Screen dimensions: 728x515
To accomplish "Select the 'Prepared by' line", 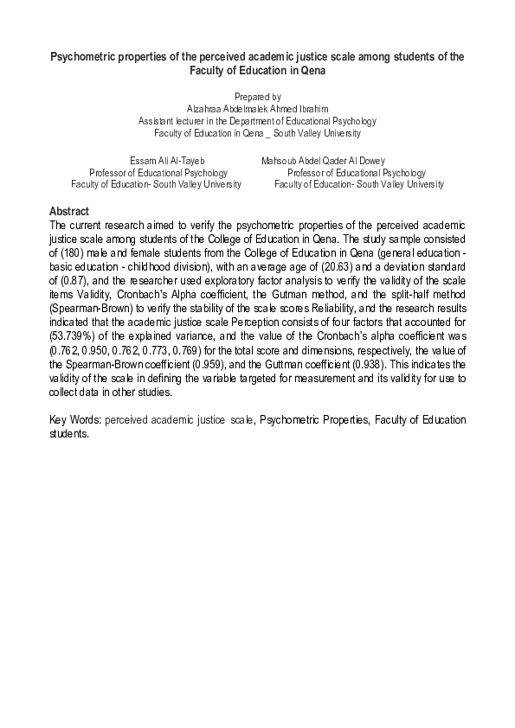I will coord(257,97).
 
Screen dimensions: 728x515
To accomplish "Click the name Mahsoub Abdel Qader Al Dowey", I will coord(323,161).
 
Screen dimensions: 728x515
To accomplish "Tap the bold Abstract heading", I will coord(69,211).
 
